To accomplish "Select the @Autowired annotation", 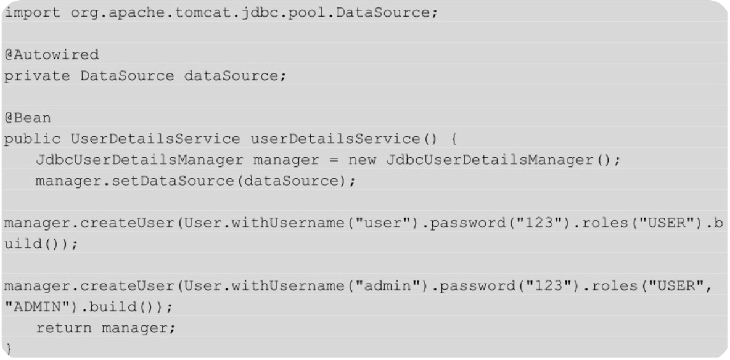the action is [51, 55].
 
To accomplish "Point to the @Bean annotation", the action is [28, 118].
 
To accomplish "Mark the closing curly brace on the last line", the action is [8, 349].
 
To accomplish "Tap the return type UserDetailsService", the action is [155, 139].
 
